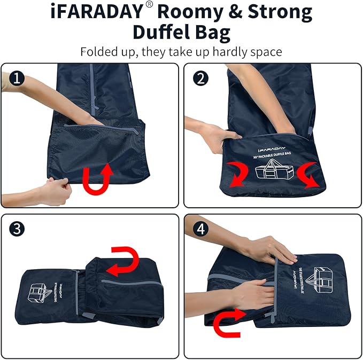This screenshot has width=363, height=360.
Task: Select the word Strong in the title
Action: coord(278,12)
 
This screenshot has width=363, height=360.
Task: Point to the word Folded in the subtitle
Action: coord(98,52)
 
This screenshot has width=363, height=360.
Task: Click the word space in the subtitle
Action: coord(263,52)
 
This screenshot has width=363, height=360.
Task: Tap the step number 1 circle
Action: coord(18,79)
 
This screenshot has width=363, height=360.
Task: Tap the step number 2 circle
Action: coord(200,79)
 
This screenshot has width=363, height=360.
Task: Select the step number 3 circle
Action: coord(18,229)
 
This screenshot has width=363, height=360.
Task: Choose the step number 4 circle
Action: coord(200,229)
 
